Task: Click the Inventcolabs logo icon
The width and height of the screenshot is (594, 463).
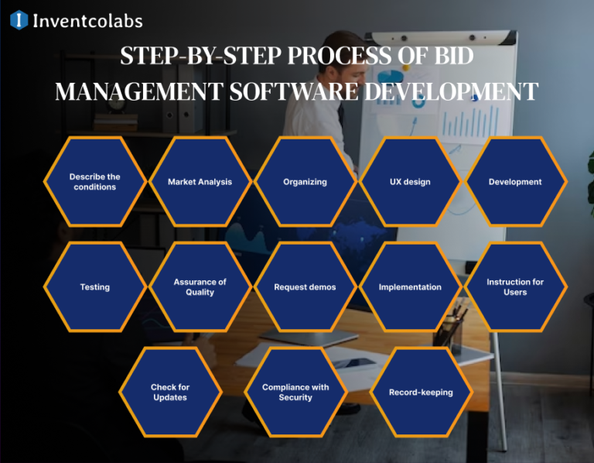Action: (x=19, y=20)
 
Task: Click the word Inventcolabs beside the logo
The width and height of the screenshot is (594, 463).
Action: (x=87, y=21)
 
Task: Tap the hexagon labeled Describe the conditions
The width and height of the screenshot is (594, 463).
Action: (x=94, y=182)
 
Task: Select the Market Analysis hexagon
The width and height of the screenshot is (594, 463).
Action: (x=200, y=182)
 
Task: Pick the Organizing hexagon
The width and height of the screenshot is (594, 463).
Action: (x=305, y=182)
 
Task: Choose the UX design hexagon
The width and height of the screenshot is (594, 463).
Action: (x=410, y=182)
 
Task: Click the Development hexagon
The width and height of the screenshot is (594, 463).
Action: (x=515, y=182)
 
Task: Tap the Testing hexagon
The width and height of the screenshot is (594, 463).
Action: (x=94, y=287)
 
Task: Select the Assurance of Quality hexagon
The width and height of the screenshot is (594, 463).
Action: (x=200, y=287)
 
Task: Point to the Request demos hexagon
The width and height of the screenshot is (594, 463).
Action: (x=305, y=287)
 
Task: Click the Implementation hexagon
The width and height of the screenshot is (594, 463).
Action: (x=410, y=287)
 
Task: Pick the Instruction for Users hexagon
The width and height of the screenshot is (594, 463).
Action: (x=515, y=287)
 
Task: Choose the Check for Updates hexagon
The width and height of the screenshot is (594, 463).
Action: (x=170, y=392)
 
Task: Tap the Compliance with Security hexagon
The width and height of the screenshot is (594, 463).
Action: (x=295, y=392)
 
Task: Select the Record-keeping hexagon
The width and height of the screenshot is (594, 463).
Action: (x=421, y=392)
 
